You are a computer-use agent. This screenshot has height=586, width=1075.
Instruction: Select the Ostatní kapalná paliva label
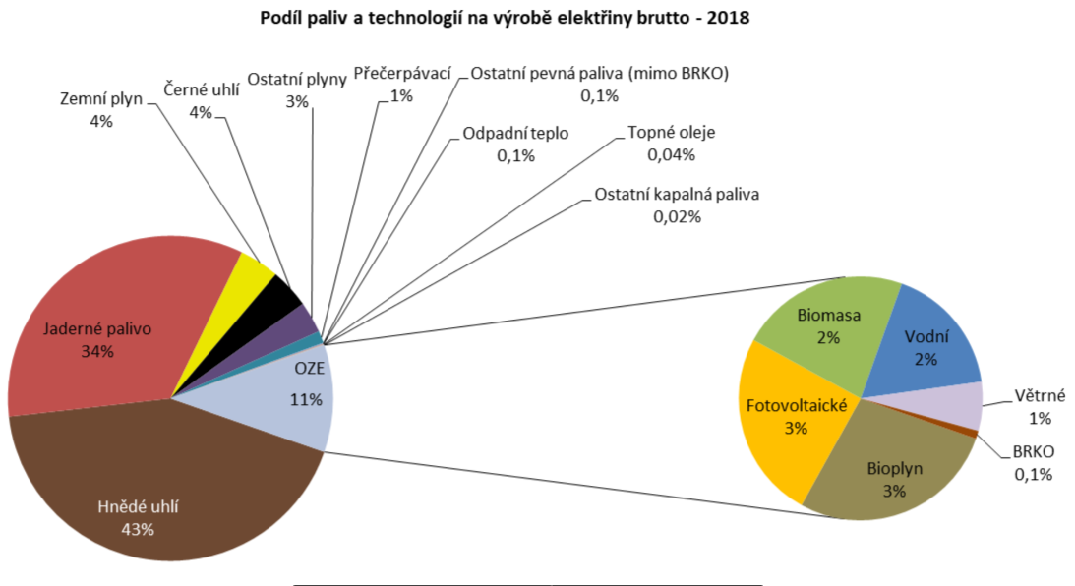(677, 195)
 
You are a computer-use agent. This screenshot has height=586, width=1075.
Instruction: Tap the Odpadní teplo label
(514, 135)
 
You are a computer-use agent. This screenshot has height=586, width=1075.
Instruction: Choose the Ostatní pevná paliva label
(599, 75)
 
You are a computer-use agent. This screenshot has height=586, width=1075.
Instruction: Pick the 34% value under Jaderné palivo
(97, 351)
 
